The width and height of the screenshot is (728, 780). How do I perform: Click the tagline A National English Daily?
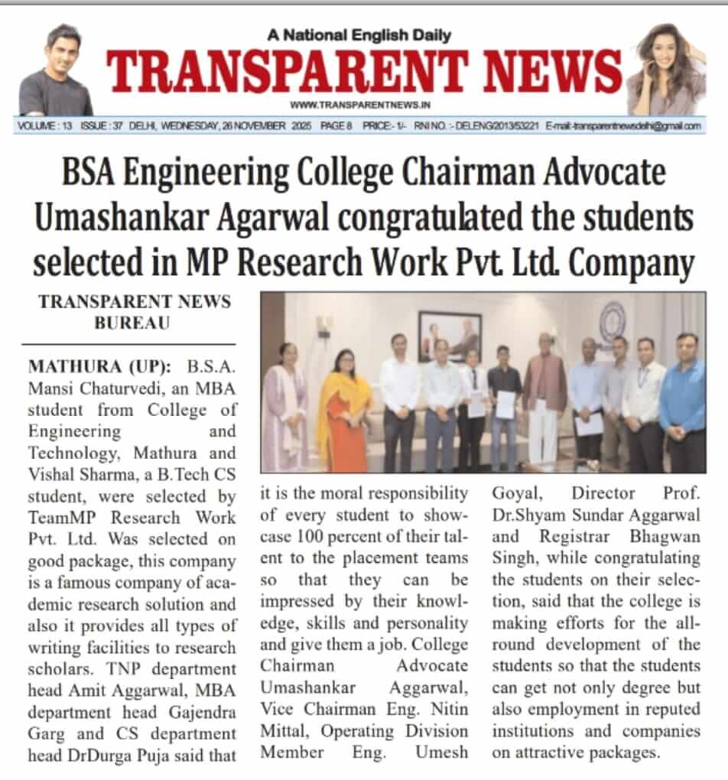359,34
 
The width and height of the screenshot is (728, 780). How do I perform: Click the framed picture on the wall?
450,336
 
